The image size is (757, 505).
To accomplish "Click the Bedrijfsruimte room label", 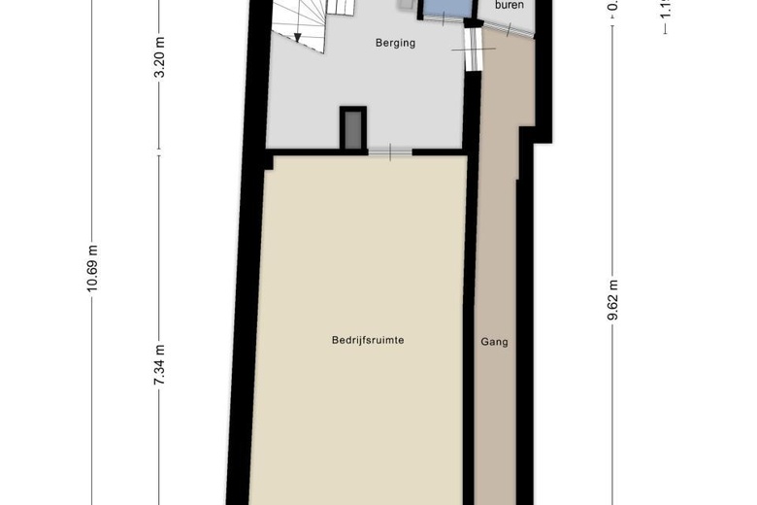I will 367,340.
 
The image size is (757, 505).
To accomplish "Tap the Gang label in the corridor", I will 494,342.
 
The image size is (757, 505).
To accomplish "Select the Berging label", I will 395,43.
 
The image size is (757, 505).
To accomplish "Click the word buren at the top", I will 510,5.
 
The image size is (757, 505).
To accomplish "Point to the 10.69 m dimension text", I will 92,268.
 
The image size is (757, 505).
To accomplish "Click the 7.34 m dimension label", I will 159,366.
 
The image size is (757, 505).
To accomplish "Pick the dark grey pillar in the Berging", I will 352,129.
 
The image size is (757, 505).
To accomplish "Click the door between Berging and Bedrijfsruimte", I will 390,151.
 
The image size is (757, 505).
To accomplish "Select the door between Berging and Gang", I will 473,49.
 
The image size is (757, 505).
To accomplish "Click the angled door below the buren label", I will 506,27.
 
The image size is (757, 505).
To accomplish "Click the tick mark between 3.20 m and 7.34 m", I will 159,151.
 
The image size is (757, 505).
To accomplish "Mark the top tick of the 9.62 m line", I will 611,26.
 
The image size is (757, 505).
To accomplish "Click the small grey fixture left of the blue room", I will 406,5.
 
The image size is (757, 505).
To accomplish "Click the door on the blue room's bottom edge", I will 447,20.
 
